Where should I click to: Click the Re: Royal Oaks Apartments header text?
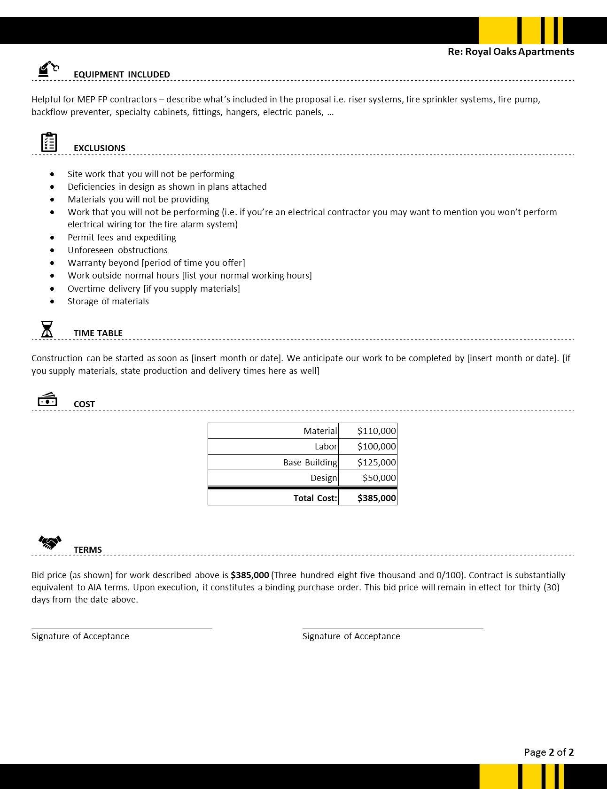[511, 52]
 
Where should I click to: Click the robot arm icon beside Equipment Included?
[48, 69]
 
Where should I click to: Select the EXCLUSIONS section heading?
[99, 148]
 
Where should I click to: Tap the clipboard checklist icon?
[49, 142]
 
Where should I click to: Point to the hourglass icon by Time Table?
[47, 329]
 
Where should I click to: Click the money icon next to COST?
[47, 400]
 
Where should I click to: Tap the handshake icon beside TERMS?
[50, 542]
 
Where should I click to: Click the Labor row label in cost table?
[326, 446]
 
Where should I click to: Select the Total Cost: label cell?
[315, 498]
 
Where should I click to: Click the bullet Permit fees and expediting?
[122, 237]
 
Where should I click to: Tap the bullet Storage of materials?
[108, 301]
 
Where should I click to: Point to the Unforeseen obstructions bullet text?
[117, 250]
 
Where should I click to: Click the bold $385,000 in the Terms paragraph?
[249, 575]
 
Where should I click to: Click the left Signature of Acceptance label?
[80, 636]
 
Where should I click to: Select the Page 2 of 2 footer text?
[549, 752]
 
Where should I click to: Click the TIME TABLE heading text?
[98, 333]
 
